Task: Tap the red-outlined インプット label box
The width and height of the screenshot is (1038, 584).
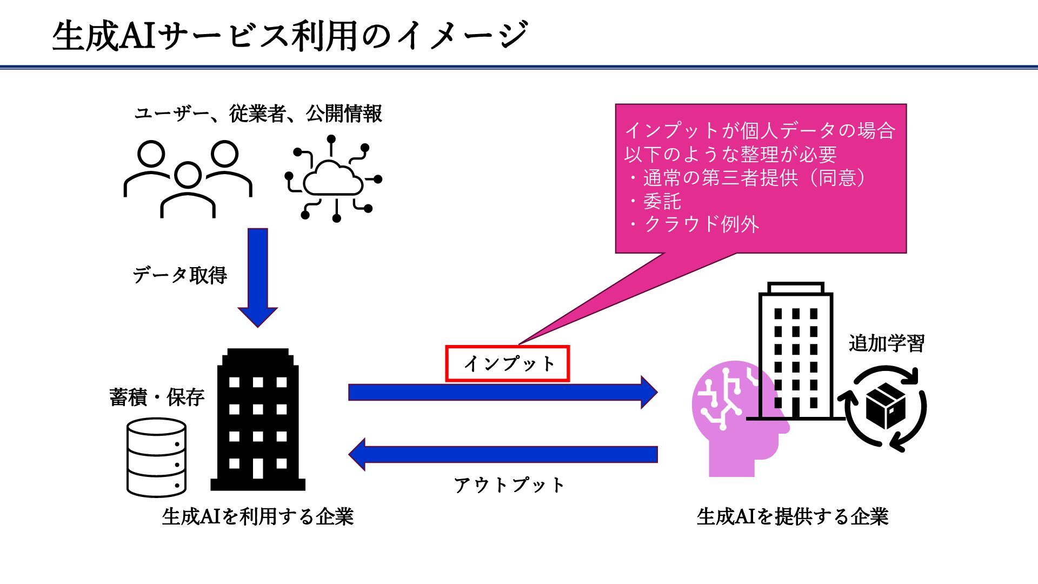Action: (508, 363)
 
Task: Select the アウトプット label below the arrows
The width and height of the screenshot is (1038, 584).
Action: (509, 485)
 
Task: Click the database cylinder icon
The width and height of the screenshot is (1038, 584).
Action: (156, 457)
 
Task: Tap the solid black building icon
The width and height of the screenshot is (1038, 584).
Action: (258, 420)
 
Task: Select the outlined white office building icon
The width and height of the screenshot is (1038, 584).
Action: (795, 351)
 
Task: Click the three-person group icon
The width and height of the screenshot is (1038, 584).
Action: (188, 178)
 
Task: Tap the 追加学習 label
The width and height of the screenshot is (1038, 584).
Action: (886, 343)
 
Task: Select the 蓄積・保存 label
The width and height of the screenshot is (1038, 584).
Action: (157, 397)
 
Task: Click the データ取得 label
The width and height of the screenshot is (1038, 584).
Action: (179, 275)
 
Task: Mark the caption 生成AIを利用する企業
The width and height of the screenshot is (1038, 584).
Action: (257, 516)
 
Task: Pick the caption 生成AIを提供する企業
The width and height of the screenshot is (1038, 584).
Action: (793, 516)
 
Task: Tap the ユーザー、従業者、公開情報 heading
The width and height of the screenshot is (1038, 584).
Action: (258, 114)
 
